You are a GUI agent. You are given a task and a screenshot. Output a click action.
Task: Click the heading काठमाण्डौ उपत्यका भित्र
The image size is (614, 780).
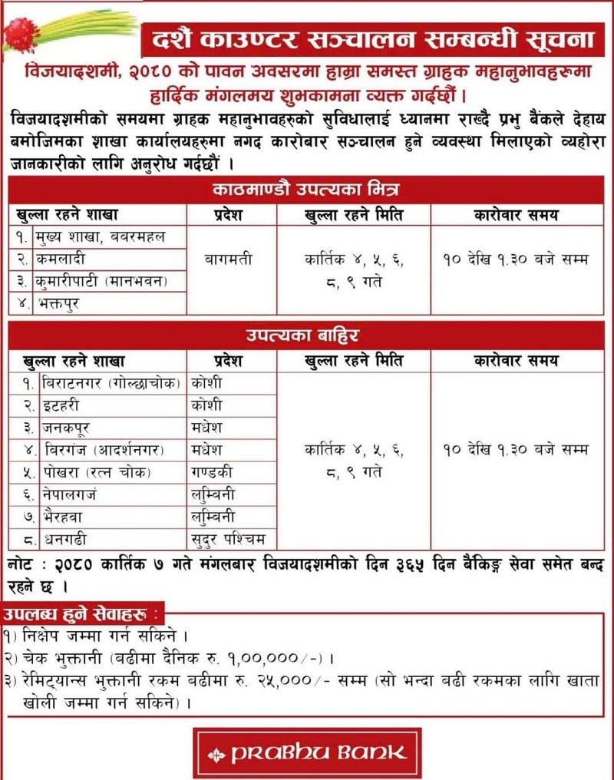(306, 190)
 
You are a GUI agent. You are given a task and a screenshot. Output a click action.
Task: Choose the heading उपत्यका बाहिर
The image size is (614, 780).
(306, 335)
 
